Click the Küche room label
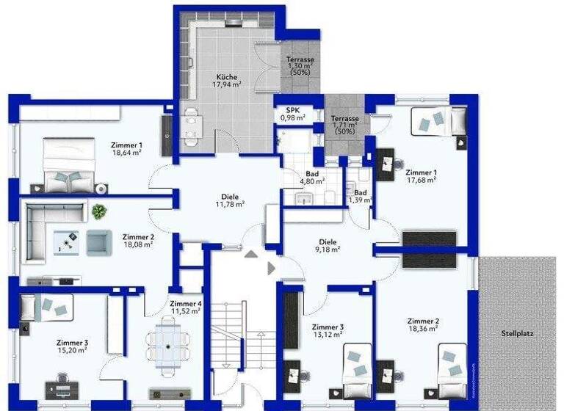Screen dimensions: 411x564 pyautogui.click(x=226, y=76)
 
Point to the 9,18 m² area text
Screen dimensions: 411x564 pyautogui.click(x=328, y=250)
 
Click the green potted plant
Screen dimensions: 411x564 pyautogui.click(x=98, y=212)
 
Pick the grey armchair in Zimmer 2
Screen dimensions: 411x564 pyautogui.click(x=98, y=242)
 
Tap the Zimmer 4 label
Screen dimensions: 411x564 pyautogui.click(x=185, y=303)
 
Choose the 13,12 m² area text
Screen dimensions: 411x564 pyautogui.click(x=328, y=335)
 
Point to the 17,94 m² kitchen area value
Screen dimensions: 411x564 pyautogui.click(x=226, y=84)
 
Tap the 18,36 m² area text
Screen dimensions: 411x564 pyautogui.click(x=423, y=330)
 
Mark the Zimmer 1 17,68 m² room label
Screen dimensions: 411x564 pyautogui.click(x=421, y=172)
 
